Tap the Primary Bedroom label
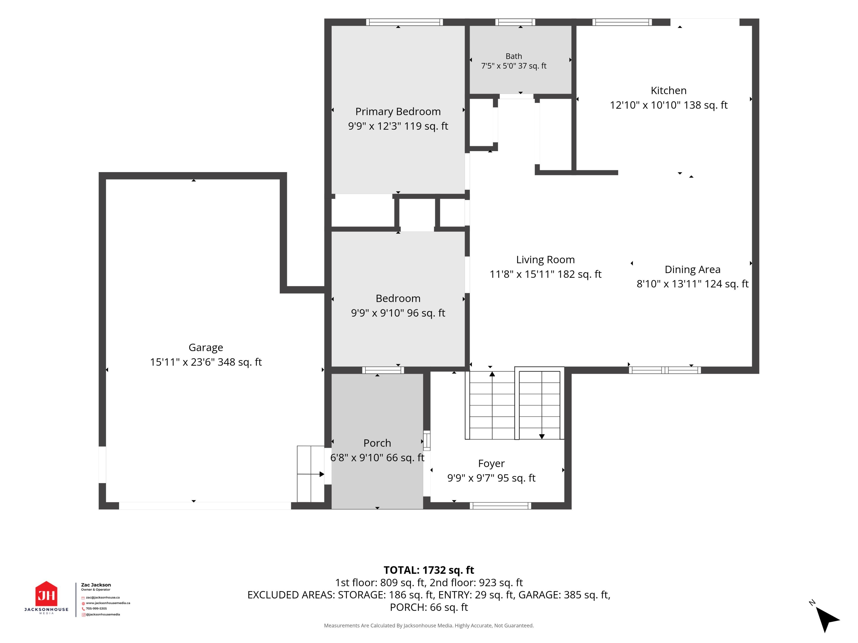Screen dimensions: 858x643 pos(398,112)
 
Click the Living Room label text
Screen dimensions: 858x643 pos(545,260)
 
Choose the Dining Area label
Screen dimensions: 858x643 pos(692,269)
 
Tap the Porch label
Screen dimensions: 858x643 pos(377,443)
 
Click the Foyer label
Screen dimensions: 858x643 pos(491,463)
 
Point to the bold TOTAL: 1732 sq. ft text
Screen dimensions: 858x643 pos(429,570)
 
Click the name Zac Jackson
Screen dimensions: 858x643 pos(96,585)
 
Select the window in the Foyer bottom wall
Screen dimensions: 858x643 pos(500,505)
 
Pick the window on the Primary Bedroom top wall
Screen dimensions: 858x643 pos(404,22)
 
